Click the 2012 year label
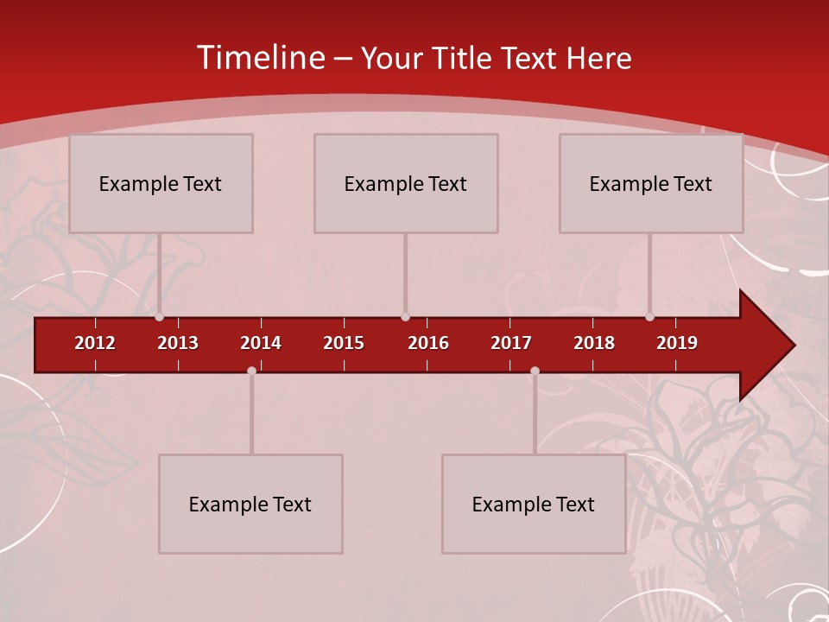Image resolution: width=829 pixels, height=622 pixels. tap(95, 343)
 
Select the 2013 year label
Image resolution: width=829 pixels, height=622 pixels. tap(178, 343)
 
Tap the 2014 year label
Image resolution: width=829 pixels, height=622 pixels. tap(261, 343)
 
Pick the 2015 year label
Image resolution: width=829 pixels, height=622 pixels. tap(344, 343)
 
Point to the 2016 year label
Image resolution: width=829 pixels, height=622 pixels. tap(428, 343)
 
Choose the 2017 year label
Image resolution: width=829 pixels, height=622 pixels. tap(511, 343)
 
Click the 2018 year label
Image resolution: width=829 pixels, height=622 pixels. tap(594, 343)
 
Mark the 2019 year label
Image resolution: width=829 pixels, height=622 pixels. tap(677, 343)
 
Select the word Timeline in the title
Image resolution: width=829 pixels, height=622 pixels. tap(260, 58)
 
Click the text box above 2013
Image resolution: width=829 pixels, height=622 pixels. tap(161, 183)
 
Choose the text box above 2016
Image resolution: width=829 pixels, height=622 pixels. tap(406, 183)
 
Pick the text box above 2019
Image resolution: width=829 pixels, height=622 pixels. tap(651, 183)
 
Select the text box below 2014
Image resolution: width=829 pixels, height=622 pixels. tap(250, 504)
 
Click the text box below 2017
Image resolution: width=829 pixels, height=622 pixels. tap(534, 504)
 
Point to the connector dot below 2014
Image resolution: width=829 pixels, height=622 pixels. tap(251, 371)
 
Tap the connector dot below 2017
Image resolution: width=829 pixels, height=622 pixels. tap(535, 371)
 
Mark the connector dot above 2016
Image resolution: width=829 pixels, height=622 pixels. tap(405, 317)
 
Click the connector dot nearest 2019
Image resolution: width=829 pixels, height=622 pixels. tap(650, 317)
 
